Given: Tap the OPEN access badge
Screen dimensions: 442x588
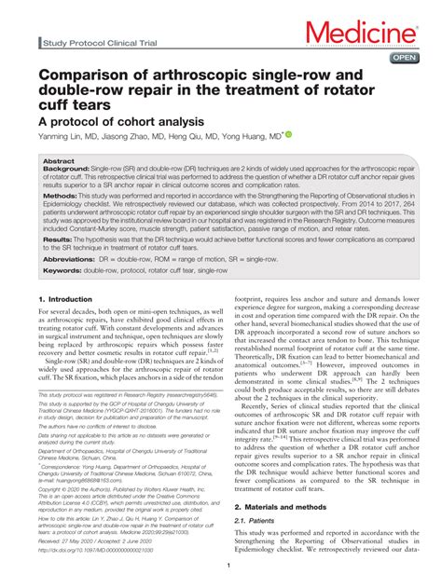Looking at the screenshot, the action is [403, 57].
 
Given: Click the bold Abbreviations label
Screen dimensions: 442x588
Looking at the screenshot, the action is [72, 257].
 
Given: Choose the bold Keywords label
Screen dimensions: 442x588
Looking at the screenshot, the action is [65, 270].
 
